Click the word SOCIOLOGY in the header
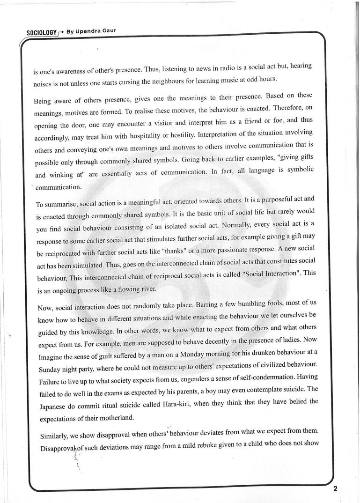(42, 33)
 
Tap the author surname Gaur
(107, 31)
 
